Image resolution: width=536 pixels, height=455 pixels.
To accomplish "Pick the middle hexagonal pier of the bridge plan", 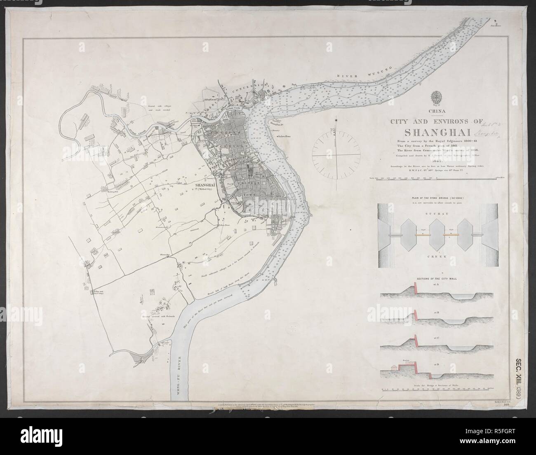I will click(x=435, y=235).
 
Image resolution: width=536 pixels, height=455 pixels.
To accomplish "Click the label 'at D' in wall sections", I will click(x=435, y=364).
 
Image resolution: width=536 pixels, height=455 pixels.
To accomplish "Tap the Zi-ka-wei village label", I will click(x=98, y=291).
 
